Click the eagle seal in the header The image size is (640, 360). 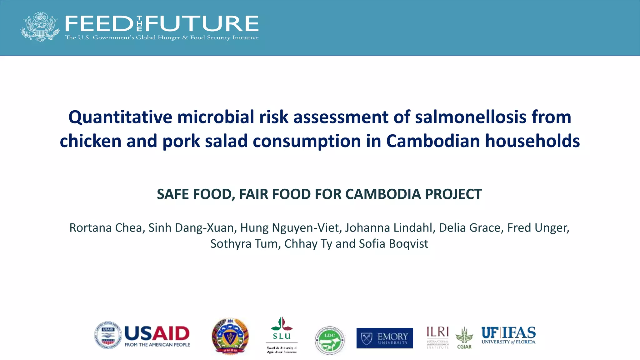point(40,27)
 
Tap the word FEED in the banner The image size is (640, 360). point(99,24)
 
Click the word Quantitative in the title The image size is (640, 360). point(120,117)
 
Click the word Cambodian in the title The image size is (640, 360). point(432,141)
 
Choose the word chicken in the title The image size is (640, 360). point(90,141)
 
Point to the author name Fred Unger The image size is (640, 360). point(537,228)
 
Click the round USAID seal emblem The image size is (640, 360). point(108,336)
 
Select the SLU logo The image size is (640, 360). point(282,334)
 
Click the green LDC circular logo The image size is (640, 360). point(330,340)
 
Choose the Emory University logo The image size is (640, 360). point(385,338)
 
